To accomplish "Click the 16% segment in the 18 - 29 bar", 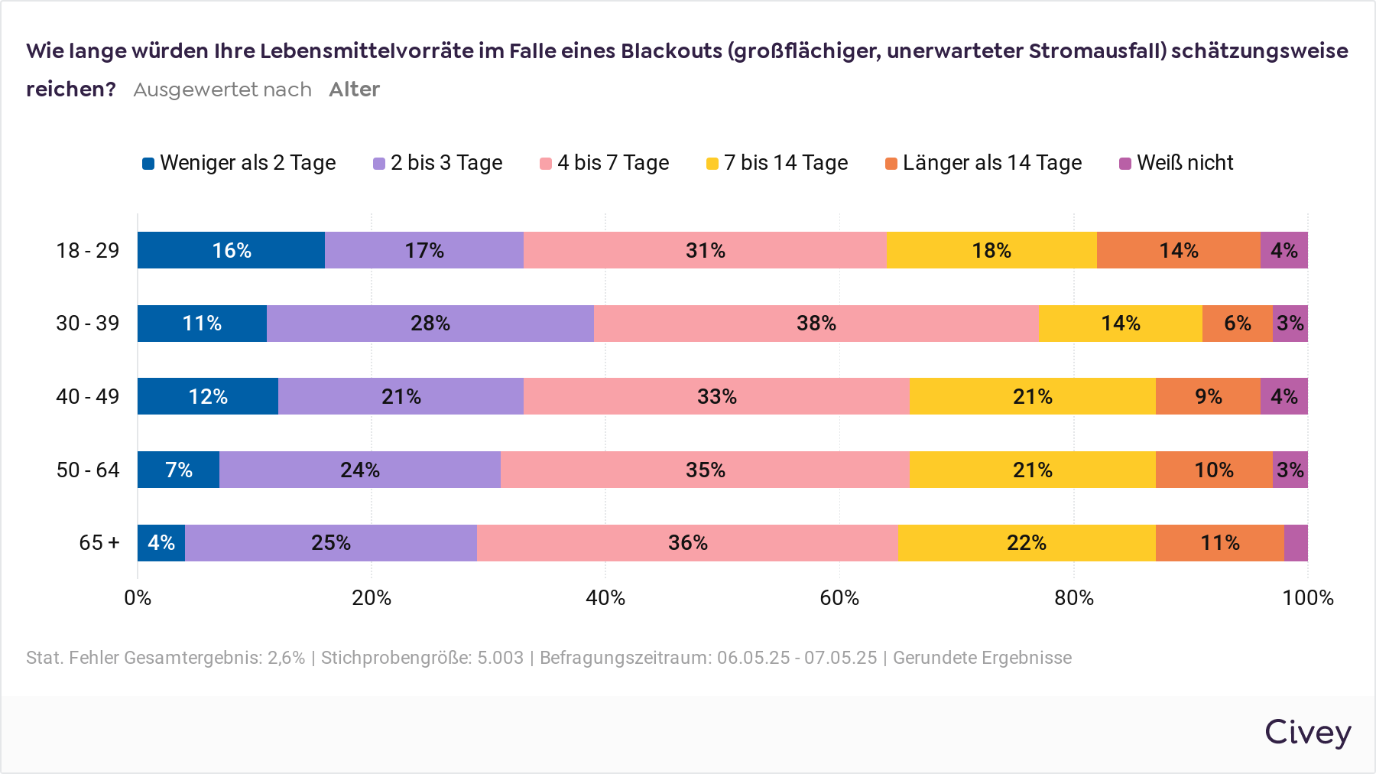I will [x=231, y=250].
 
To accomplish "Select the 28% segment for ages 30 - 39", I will [x=430, y=324].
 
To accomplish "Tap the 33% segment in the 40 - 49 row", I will [x=716, y=396].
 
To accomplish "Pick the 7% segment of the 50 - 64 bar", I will [x=178, y=470].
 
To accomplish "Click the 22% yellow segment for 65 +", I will [x=1026, y=543].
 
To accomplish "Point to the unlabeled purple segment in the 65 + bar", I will [x=1296, y=543].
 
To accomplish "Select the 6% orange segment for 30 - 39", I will [x=1237, y=324].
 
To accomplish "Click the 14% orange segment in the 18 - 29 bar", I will [x=1178, y=250].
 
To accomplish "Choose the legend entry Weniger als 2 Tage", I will [x=239, y=163].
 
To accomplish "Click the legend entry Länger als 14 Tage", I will [x=984, y=163].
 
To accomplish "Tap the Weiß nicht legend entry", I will [x=1176, y=163].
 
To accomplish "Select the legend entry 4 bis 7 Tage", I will [x=605, y=163].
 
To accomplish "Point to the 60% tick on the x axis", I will [x=839, y=598].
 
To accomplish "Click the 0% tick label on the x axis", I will [x=138, y=598].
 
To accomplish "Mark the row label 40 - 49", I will [x=87, y=396].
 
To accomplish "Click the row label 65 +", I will [x=99, y=543].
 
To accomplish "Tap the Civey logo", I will [x=1307, y=733].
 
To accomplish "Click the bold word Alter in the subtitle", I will [x=354, y=89].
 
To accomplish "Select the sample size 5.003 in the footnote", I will [x=500, y=658].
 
